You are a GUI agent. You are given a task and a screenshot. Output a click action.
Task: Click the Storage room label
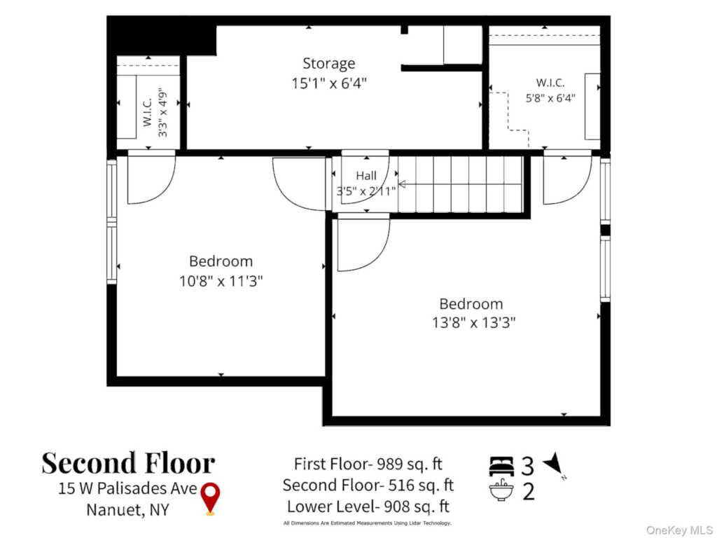click(x=329, y=63)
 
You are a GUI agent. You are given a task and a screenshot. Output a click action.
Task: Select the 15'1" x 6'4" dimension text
click(x=329, y=83)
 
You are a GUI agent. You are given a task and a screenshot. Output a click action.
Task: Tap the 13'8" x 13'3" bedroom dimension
click(x=474, y=322)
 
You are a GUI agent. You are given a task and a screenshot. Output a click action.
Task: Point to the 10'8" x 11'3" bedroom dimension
click(x=221, y=280)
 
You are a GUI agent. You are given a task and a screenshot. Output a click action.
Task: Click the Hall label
click(x=366, y=176)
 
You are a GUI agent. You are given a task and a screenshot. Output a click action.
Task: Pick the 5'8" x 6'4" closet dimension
click(x=550, y=98)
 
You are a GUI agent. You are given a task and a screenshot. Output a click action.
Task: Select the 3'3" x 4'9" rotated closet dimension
click(x=162, y=114)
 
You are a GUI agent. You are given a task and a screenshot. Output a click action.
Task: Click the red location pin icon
click(x=210, y=499)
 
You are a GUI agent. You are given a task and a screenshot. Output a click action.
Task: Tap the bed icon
click(x=501, y=466)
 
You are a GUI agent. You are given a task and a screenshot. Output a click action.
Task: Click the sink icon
click(x=501, y=490)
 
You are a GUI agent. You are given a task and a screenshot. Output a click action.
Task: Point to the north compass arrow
click(x=555, y=464)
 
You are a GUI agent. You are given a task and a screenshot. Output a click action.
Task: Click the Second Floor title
click(x=129, y=463)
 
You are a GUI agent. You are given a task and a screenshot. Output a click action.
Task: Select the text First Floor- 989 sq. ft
click(x=368, y=464)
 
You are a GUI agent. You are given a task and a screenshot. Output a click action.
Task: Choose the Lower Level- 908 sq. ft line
click(x=368, y=506)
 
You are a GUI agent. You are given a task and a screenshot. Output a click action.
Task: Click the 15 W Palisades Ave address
click(x=127, y=488)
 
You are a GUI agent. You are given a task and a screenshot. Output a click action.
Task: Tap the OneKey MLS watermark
click(x=679, y=530)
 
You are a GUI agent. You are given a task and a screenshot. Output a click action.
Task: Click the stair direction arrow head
click(x=402, y=184)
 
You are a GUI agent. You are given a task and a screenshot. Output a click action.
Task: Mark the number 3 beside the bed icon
click(x=528, y=466)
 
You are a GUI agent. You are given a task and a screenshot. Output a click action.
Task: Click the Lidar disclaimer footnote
click(x=368, y=523)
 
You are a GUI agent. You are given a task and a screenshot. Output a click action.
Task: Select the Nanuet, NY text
click(x=127, y=510)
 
